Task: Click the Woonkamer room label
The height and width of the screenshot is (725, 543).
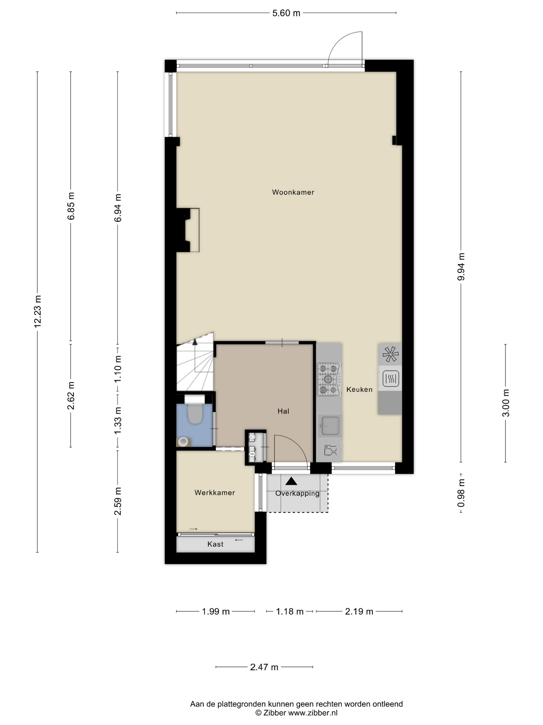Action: click(x=293, y=192)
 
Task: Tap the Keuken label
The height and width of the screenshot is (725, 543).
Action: click(x=359, y=389)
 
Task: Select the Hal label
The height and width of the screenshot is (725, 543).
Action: click(x=283, y=411)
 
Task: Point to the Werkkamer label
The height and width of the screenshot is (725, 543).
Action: click(x=214, y=493)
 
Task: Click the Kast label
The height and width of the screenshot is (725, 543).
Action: click(x=215, y=544)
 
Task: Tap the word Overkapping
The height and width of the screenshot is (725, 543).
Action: click(x=297, y=494)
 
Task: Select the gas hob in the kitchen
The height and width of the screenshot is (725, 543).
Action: click(x=329, y=379)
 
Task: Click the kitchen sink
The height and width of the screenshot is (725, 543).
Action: click(x=330, y=425)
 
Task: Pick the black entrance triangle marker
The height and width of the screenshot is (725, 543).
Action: click(x=291, y=481)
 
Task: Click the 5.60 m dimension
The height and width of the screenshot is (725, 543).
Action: click(x=286, y=13)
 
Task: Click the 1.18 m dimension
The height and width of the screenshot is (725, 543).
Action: click(x=290, y=612)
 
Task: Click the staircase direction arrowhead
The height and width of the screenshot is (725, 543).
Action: click(x=195, y=342)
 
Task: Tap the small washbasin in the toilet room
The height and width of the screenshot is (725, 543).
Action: click(x=183, y=442)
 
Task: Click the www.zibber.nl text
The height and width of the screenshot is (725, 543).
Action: click(x=313, y=713)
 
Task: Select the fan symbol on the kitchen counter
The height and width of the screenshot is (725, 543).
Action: click(x=390, y=354)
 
